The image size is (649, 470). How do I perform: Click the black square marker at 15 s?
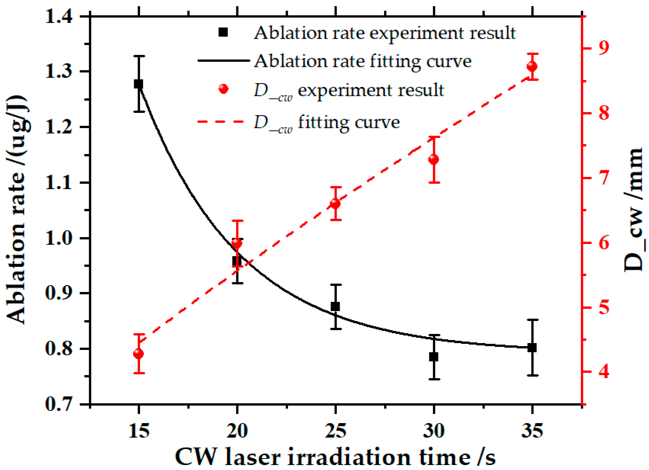138,84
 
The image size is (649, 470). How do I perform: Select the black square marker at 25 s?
335,306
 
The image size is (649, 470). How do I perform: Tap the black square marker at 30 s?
434,357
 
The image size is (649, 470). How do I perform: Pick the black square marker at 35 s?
532,348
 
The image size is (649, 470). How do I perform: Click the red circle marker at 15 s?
138,354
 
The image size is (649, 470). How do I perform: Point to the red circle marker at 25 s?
335,204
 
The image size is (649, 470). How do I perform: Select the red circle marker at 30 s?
434,159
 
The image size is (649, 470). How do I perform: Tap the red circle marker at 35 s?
532,66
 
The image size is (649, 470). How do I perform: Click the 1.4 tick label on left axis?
59,17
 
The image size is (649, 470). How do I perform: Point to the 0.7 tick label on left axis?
59,404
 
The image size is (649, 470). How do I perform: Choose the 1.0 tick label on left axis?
59,238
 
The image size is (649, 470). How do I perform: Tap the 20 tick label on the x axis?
237,431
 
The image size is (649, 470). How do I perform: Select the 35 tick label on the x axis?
532,431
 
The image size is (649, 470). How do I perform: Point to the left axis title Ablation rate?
17,210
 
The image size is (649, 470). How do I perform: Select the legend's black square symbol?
223,32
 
